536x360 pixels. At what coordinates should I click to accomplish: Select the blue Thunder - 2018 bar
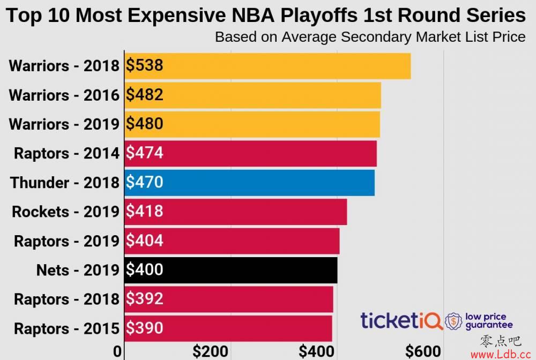249,183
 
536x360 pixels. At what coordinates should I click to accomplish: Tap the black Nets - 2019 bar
230,269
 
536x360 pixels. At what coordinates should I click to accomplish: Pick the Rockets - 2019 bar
235,212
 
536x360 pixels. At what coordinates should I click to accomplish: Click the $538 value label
144,66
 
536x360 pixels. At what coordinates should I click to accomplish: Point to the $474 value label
144,154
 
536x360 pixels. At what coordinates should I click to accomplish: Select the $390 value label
144,328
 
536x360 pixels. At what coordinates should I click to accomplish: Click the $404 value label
144,241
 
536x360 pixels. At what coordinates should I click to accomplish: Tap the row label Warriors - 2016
64,95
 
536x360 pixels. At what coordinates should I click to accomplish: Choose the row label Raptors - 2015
66,328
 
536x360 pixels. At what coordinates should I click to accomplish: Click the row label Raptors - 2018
66,299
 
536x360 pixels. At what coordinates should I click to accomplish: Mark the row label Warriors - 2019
64,124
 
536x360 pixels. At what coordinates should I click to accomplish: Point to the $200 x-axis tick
211,352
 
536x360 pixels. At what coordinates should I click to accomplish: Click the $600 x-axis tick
423,352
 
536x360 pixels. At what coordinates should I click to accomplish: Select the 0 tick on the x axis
118,352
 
